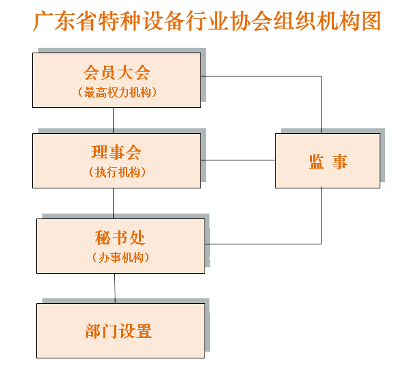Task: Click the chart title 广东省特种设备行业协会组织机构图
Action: [x=207, y=21]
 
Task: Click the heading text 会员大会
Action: [x=116, y=72]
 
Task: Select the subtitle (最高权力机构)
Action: [x=117, y=92]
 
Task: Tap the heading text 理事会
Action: [x=116, y=152]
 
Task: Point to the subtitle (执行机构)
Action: [x=117, y=172]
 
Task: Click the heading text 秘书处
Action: [x=120, y=238]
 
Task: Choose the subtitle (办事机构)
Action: [x=120, y=257]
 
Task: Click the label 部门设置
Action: [x=118, y=331]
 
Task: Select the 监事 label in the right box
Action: [x=328, y=162]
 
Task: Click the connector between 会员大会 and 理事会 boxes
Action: [x=113, y=121]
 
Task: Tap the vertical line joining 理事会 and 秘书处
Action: [x=113, y=203]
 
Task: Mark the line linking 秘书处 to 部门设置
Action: [x=115, y=288]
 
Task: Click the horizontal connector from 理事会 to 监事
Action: [x=238, y=160]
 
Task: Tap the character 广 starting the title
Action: [x=43, y=21]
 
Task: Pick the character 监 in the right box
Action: [x=317, y=162]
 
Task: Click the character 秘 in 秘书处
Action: [x=103, y=238]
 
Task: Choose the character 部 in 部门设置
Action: [x=93, y=331]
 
